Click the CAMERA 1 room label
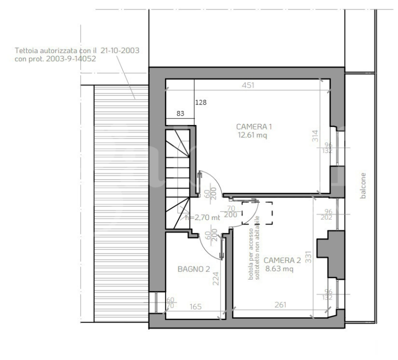point(254,126)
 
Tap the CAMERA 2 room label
point(282,260)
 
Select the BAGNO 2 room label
point(193,269)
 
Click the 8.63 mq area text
point(279,268)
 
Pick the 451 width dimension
point(248,85)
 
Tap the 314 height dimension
point(315,136)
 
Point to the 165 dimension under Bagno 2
point(195,306)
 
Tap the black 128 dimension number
point(200,102)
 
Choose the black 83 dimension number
point(180,113)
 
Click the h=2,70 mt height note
point(202,217)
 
